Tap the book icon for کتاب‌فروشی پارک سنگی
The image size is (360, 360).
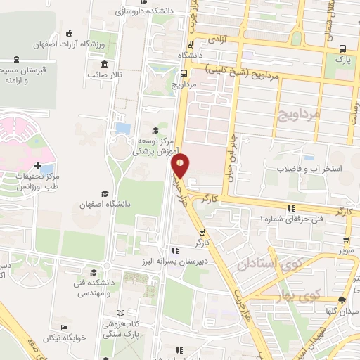[x=120, y=312]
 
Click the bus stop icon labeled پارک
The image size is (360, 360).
[x=342, y=49]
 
